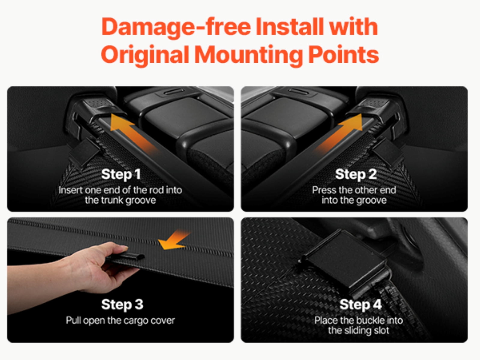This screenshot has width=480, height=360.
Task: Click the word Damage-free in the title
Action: click(x=176, y=27)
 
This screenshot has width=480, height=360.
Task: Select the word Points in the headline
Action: click(x=343, y=54)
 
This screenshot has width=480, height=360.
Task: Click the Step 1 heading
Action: click(x=121, y=174)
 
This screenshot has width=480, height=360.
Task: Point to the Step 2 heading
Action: click(x=356, y=174)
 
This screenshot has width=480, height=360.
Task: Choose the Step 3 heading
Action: click(x=122, y=304)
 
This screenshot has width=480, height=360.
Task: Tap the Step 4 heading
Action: click(x=361, y=304)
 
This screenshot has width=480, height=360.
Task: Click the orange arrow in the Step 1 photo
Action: click(x=133, y=133)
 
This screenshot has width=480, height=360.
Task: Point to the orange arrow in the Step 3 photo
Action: click(x=174, y=240)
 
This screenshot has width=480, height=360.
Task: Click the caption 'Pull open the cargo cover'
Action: click(x=120, y=321)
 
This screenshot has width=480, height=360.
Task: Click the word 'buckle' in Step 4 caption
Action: click(x=370, y=320)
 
